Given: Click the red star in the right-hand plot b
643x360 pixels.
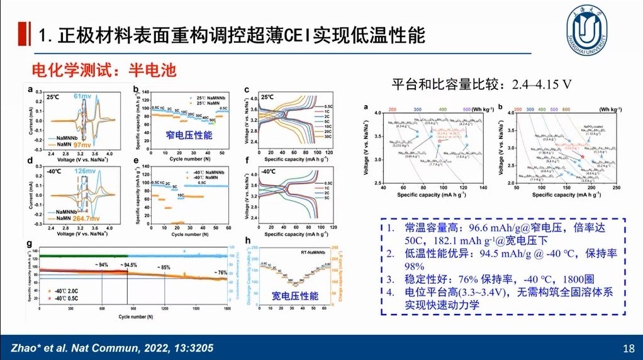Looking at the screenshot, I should (583, 156).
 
